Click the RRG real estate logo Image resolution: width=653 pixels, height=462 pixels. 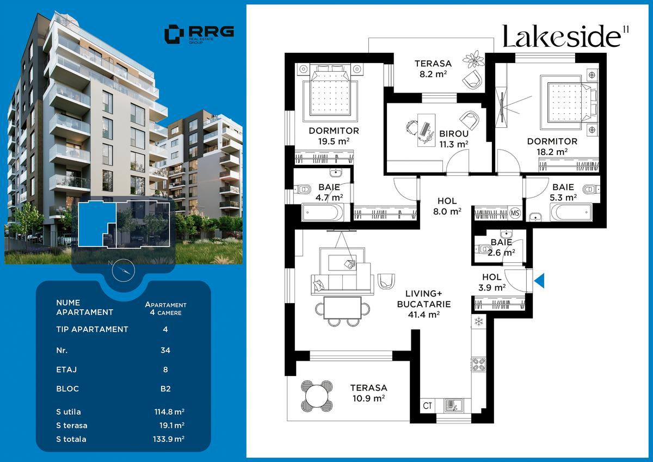coord(199,34)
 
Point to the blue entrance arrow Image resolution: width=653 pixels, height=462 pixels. coord(539,280)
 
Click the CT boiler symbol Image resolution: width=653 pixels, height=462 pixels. coord(427,405)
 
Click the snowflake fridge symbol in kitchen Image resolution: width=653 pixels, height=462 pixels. coord(478,321)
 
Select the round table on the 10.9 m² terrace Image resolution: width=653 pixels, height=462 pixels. coord(317,396)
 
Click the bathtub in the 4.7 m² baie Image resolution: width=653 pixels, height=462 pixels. coord(323,212)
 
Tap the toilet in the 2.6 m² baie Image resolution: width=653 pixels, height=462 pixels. coord(483,250)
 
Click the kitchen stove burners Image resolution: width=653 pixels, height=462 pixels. coord(478,364)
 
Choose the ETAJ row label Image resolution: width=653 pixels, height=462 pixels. coord(66,370)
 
